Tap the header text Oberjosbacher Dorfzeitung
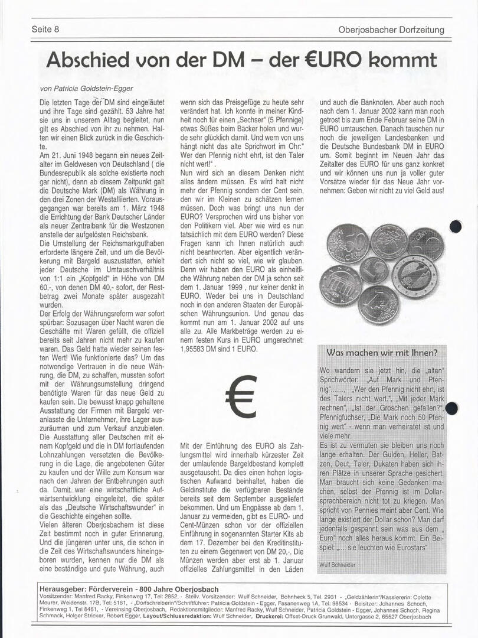click(x=391, y=30)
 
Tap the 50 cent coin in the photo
click(x=348, y=243)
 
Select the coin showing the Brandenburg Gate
click(x=341, y=285)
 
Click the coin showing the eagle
click(x=415, y=275)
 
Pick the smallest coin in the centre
click(x=374, y=270)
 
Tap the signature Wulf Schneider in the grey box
click(x=337, y=565)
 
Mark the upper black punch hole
click(x=455, y=226)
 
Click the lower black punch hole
click(x=451, y=408)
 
